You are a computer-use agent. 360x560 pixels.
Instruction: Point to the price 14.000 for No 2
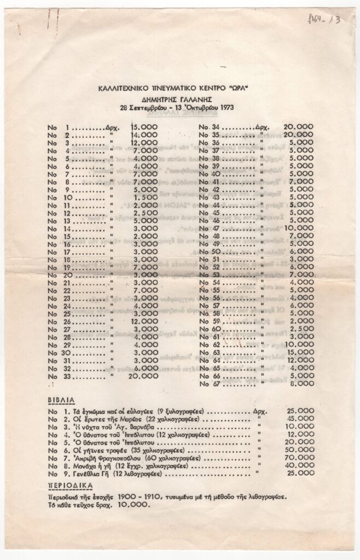144,135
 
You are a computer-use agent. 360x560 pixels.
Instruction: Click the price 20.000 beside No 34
299,127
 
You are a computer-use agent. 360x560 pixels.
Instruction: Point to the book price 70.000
299,457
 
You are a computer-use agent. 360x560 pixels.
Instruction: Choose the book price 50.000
299,447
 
